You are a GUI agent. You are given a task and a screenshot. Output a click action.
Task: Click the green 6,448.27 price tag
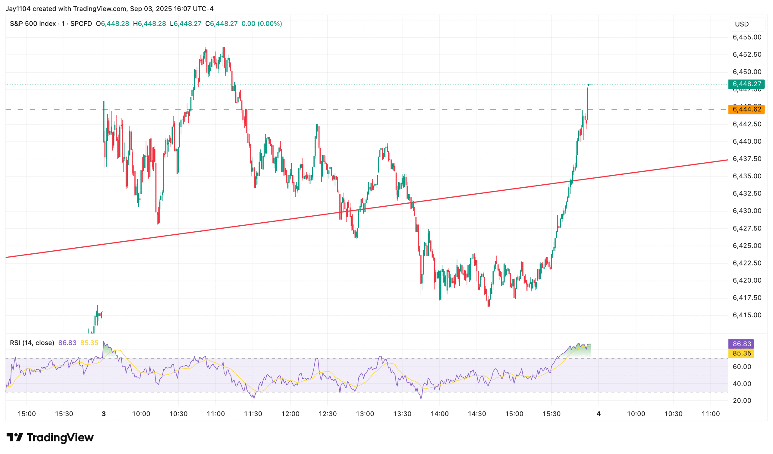(746, 84)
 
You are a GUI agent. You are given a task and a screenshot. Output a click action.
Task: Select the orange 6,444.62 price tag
(746, 110)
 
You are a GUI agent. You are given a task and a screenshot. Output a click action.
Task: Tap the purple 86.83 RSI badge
(741, 344)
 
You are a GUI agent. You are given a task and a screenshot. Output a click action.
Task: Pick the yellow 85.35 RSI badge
(741, 354)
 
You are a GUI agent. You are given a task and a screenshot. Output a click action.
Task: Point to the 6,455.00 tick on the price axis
(747, 37)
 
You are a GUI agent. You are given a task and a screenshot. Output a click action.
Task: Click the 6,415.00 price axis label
(747, 315)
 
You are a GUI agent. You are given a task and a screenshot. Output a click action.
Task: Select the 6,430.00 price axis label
(747, 211)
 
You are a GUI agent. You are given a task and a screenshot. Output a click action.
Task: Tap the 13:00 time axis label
(365, 414)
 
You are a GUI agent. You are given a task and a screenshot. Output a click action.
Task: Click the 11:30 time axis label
(253, 414)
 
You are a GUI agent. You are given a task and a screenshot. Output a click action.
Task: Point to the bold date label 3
(104, 414)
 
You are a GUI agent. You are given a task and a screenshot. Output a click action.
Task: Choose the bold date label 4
(598, 414)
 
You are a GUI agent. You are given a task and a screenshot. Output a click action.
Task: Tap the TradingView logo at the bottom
(50, 437)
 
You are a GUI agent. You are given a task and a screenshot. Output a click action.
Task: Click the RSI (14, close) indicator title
(32, 343)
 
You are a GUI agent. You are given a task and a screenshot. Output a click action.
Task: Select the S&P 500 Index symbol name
(33, 24)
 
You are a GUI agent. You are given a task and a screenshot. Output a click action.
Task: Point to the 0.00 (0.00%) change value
(261, 24)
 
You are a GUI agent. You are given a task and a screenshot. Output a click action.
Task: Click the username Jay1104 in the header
(18, 8)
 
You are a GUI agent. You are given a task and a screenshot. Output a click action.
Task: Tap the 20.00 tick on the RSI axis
(742, 401)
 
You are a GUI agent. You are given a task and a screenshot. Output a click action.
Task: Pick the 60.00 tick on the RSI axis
(742, 367)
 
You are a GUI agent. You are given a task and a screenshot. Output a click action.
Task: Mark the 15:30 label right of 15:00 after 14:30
(551, 414)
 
